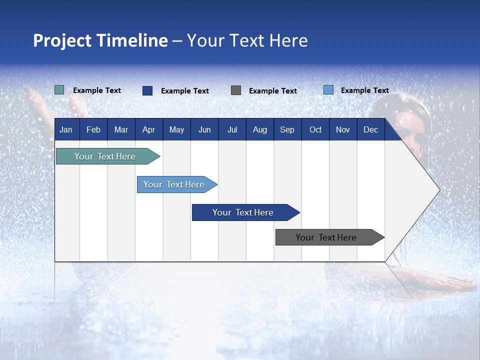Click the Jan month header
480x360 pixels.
pos(66,129)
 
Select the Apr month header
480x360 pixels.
pos(149,129)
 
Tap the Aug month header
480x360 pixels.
pos(260,129)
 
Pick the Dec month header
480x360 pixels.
pos(370,129)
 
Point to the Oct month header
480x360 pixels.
pos(315,129)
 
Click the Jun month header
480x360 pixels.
pos(204,129)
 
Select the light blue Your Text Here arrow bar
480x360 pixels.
pos(175,184)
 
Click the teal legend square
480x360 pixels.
pos(59,90)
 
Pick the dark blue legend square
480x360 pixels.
pos(147,90)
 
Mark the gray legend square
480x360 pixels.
pos(236,90)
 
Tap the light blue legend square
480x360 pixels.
pos(328,90)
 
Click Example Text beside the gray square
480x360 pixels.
pos(273,91)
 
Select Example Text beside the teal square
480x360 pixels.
pos(97,90)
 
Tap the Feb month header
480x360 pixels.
pos(93,129)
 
